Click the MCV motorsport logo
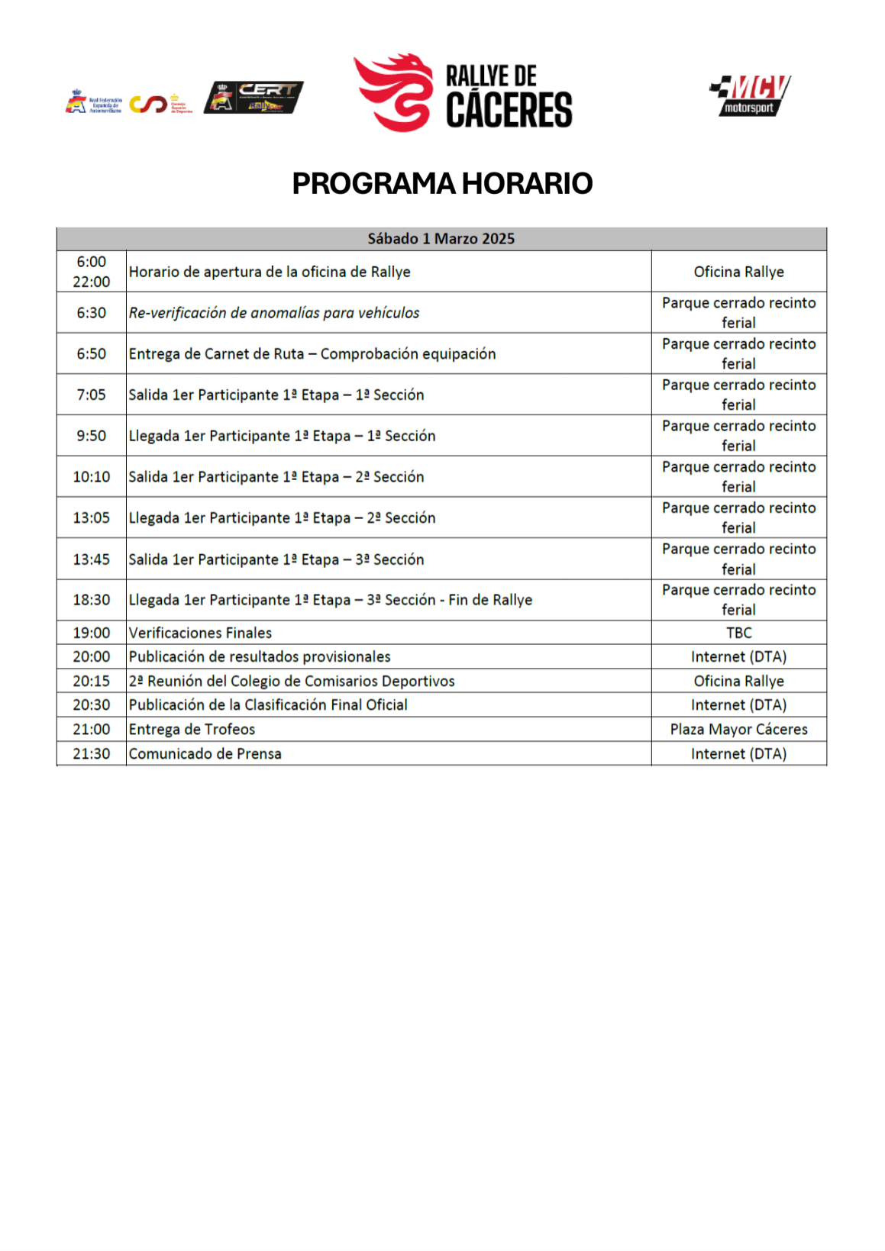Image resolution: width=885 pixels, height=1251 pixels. click(x=750, y=95)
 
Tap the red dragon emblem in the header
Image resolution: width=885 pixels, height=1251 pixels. click(x=393, y=92)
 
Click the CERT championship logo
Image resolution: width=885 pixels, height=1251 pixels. click(x=254, y=98)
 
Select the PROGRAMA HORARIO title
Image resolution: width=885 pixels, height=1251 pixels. click(x=442, y=184)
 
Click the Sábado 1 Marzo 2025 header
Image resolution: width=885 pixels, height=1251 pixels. click(x=441, y=239)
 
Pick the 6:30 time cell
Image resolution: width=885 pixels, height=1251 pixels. click(x=91, y=313)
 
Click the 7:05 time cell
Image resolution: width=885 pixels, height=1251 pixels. click(x=91, y=395)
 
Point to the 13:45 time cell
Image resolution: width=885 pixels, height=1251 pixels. click(x=91, y=559)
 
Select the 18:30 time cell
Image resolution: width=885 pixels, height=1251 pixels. click(x=91, y=600)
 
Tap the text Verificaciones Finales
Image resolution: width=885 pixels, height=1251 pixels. click(x=200, y=633)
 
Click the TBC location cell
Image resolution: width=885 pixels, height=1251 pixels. click(x=738, y=633)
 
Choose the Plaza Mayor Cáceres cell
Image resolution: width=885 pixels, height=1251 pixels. click(x=738, y=729)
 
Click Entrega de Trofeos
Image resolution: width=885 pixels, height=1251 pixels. click(x=192, y=729)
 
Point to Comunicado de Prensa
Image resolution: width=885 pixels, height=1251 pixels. click(x=205, y=753)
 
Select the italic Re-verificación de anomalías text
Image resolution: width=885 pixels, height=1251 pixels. click(x=274, y=313)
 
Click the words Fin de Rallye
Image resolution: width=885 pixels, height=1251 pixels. click(x=490, y=600)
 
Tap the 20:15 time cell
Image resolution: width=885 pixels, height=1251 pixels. click(x=91, y=681)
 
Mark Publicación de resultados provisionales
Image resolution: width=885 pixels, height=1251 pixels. click(x=260, y=656)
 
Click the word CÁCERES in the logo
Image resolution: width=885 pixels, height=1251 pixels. click(x=509, y=110)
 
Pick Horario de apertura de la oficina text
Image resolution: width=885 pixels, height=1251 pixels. click(x=270, y=272)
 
